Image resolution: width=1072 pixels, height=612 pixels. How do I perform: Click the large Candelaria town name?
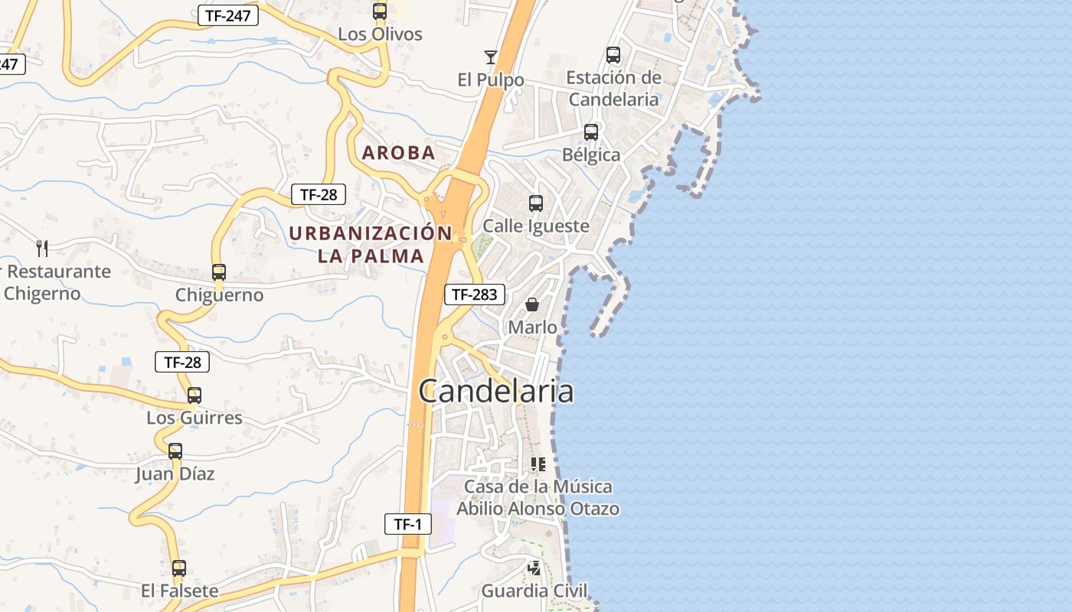[x=496, y=391]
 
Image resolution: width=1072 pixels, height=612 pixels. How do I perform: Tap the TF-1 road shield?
[x=408, y=524]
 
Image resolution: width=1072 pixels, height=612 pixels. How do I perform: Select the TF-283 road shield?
[x=475, y=294]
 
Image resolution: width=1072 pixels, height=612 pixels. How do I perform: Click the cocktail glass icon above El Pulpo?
[x=491, y=57]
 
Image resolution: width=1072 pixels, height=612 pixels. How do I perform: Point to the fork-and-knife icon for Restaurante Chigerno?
[x=42, y=248]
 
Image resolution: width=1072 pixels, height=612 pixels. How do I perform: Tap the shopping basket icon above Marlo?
[x=532, y=304]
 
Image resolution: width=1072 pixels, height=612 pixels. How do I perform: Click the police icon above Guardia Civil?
[x=534, y=568]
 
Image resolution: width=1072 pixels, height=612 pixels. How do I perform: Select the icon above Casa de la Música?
[x=538, y=464]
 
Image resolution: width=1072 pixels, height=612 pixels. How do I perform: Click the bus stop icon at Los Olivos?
[x=380, y=11]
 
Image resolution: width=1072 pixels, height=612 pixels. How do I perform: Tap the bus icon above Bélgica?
[x=591, y=132]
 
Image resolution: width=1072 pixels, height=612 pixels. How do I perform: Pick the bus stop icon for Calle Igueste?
[x=536, y=203]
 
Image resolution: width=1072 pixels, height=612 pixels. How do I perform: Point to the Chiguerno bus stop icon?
[x=219, y=272]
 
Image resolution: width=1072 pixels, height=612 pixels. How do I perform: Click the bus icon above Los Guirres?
[x=194, y=395]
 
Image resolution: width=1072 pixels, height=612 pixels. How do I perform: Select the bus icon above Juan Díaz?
[x=175, y=451]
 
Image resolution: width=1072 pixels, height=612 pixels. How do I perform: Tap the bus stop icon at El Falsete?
[x=179, y=568]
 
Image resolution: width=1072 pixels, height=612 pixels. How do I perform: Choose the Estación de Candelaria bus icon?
[x=613, y=54]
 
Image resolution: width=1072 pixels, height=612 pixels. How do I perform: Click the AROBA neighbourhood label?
[x=398, y=152]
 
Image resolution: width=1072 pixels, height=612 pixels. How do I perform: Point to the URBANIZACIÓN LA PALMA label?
[x=371, y=244]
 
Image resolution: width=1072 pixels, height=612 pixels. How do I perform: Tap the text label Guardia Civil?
[x=534, y=591]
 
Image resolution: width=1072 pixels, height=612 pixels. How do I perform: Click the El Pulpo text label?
[x=491, y=80]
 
